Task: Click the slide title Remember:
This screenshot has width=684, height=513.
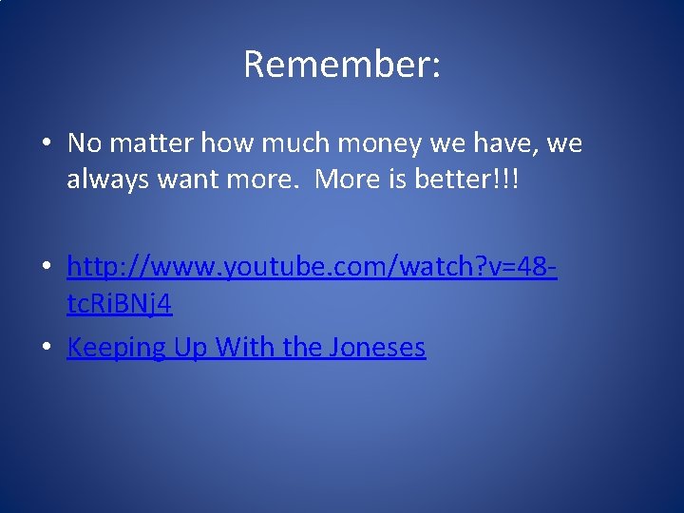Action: pyautogui.click(x=341, y=65)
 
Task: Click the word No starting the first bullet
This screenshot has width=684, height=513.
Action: pyautogui.click(x=84, y=143)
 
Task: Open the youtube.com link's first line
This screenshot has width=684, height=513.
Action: pyautogui.click(x=312, y=268)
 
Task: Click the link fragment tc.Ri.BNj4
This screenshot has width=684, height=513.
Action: pyautogui.click(x=119, y=305)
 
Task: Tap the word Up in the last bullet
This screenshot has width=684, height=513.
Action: pyautogui.click(x=190, y=348)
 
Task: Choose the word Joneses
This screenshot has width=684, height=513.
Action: pyautogui.click(x=377, y=348)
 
